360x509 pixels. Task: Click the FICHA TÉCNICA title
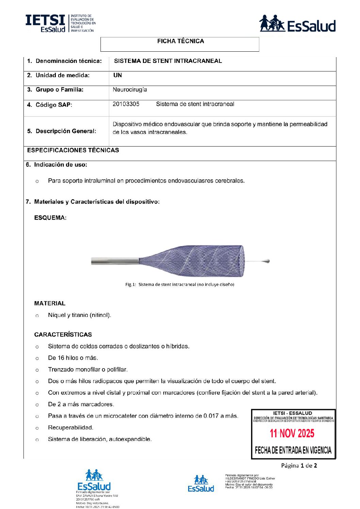[180, 41]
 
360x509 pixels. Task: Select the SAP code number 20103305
[126, 104]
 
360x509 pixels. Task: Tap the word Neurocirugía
[130, 90]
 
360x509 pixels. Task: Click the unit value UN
[117, 75]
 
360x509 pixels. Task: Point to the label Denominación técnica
[68, 61]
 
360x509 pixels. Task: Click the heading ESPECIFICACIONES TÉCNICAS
[73, 150]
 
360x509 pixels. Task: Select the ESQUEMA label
[50, 218]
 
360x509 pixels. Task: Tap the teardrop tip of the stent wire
[266, 261]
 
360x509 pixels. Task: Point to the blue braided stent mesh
[197, 261]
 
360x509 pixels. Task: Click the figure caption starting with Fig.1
[180, 285]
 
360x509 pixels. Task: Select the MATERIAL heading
[50, 303]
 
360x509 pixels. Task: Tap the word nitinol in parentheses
[100, 315]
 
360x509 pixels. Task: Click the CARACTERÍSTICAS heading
[63, 335]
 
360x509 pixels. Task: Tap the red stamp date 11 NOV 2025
[292, 434]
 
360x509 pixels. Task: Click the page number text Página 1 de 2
[299, 465]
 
